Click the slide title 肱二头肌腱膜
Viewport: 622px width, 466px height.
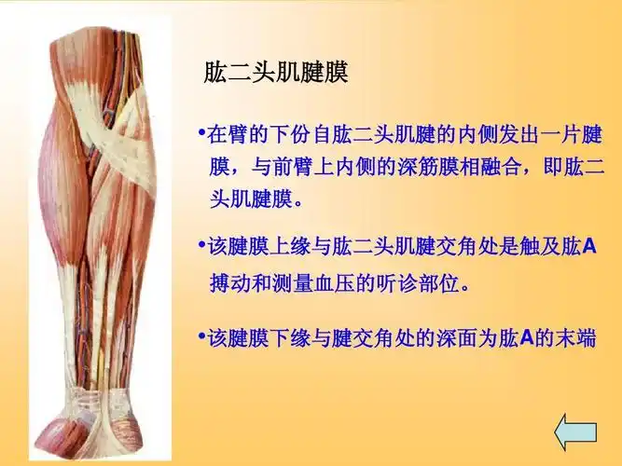(x=275, y=73)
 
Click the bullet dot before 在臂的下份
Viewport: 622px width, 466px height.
(x=202, y=134)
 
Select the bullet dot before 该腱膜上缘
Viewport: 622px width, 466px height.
(x=202, y=246)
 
